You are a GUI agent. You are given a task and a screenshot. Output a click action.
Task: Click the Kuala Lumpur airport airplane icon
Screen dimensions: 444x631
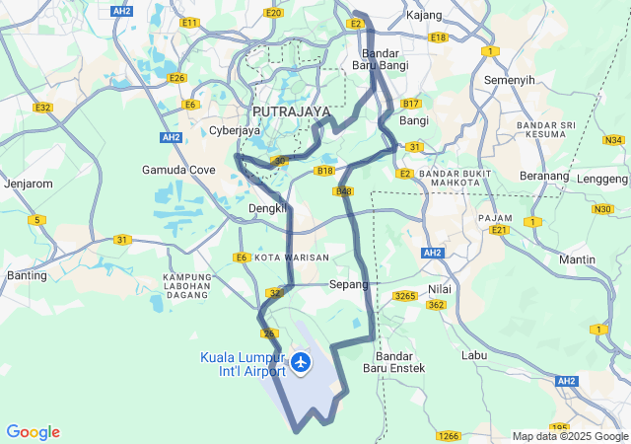coord(301,363)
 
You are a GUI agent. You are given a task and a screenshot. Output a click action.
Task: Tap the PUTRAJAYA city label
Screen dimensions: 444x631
coord(291,111)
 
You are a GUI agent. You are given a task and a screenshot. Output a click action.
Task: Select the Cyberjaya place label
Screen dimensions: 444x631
coord(235,130)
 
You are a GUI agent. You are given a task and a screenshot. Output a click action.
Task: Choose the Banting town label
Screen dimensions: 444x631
coord(27,275)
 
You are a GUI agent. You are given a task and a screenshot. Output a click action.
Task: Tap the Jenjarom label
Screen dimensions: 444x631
coord(28,184)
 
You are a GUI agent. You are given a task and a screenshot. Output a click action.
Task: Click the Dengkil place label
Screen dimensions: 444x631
coord(267,208)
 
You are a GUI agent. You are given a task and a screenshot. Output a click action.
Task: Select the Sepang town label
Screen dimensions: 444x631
coord(348,284)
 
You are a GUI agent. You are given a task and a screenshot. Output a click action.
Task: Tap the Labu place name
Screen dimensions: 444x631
coord(475,354)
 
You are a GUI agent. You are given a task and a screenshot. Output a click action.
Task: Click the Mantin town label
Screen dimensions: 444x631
coord(577,259)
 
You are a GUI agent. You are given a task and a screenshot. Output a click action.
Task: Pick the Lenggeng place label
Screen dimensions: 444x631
coord(602,179)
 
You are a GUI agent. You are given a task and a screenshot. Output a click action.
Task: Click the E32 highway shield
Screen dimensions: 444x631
coord(42,108)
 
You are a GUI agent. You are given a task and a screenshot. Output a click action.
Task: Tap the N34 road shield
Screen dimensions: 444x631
coord(614,140)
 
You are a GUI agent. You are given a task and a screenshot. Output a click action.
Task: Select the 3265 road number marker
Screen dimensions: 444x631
coord(405,295)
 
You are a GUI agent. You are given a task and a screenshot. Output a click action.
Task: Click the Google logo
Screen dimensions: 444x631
coord(33,432)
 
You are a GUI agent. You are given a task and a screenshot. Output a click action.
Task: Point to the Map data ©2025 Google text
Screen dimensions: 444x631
coord(570,436)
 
